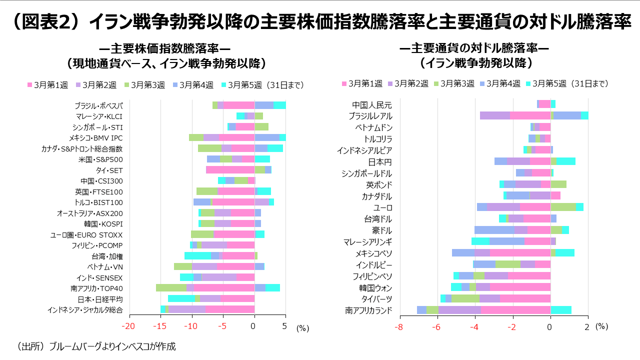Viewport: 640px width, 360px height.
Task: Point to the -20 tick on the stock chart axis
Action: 129,327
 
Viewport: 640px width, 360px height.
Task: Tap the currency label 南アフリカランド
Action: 369,310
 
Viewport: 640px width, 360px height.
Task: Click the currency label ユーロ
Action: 383,207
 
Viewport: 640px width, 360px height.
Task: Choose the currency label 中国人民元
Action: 372,105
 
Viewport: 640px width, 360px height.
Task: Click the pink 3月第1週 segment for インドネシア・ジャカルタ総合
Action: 230,309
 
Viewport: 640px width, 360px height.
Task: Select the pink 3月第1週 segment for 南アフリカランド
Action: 515,310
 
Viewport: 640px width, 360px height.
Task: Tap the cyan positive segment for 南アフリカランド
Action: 560,310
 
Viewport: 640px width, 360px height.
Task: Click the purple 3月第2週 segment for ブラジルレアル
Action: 494,115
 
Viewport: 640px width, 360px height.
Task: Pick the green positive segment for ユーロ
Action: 563,207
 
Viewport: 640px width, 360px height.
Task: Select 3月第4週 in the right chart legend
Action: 503,83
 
